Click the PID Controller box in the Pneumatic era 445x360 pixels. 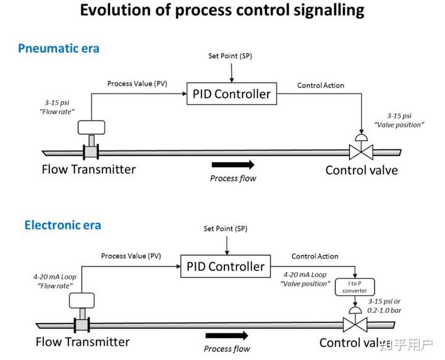pyautogui.click(x=232, y=94)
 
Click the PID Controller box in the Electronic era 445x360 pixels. pyautogui.click(x=226, y=266)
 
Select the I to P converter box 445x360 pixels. pyautogui.click(x=355, y=287)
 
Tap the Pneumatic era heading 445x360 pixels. pyautogui.click(x=59, y=48)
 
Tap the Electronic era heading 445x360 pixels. pyautogui.click(x=62, y=225)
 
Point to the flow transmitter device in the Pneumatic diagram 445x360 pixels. pyautogui.click(x=91, y=140)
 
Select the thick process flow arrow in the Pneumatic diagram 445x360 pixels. pyautogui.click(x=233, y=165)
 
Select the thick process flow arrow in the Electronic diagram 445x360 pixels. pyautogui.click(x=227, y=335)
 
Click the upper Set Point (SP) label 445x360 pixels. pyautogui.click(x=230, y=56)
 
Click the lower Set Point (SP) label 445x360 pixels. pyautogui.click(x=226, y=229)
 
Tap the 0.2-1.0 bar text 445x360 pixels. pyautogui.click(x=384, y=311)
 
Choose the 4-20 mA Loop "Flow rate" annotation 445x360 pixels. pyautogui.click(x=55, y=281)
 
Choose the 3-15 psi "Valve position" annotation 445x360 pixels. pyautogui.click(x=399, y=120)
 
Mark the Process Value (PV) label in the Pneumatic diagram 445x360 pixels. pyautogui.click(x=137, y=84)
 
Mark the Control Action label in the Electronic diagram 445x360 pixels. pyautogui.click(x=315, y=256)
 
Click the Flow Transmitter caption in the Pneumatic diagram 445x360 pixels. pyautogui.click(x=88, y=169)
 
